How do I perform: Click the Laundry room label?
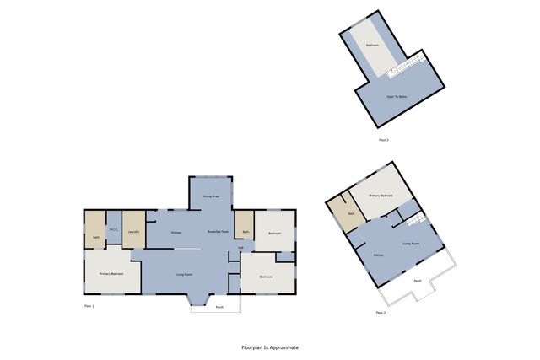(x=133, y=232)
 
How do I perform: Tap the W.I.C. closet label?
(x=113, y=228)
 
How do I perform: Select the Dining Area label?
(x=210, y=196)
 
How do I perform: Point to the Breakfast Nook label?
(x=219, y=232)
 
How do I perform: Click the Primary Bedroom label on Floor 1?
(x=112, y=274)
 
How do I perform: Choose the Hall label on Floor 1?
(x=240, y=248)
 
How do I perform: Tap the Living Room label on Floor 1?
(x=184, y=275)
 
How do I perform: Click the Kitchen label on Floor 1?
(x=176, y=232)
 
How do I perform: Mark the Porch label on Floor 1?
(x=219, y=306)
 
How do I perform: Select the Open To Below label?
(x=398, y=97)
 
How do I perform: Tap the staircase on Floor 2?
(x=413, y=222)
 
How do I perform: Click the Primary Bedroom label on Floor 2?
(x=381, y=195)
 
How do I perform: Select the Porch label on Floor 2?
(x=417, y=280)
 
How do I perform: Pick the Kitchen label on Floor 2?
(x=379, y=254)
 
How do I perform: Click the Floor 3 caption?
(x=383, y=139)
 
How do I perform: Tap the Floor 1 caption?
(x=89, y=305)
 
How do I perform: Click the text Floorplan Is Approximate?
(x=270, y=347)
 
